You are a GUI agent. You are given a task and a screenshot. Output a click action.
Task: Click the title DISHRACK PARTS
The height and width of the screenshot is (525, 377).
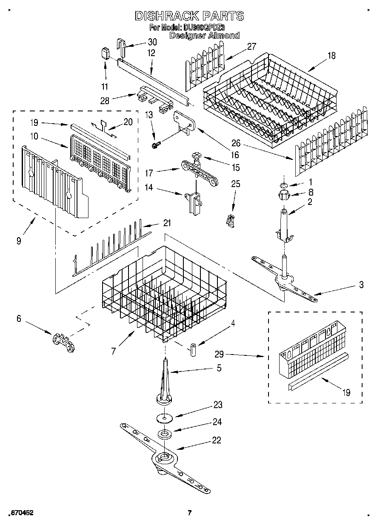[189, 16]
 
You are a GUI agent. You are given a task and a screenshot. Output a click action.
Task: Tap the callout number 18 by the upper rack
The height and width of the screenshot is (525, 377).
[331, 55]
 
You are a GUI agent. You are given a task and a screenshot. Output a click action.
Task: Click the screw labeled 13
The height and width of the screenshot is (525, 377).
[156, 145]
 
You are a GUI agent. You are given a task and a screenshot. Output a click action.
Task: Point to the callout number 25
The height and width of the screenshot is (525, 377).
[235, 184]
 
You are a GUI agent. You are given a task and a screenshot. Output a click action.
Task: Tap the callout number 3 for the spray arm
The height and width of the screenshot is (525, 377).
[361, 285]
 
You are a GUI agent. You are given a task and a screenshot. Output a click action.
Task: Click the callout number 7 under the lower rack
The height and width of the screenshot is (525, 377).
[114, 351]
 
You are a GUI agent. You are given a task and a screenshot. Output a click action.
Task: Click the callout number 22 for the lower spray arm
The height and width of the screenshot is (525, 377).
[217, 440]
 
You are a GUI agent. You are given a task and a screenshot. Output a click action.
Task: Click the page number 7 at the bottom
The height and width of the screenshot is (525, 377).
[190, 513]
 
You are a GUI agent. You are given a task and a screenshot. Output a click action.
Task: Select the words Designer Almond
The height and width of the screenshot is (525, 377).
[204, 36]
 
